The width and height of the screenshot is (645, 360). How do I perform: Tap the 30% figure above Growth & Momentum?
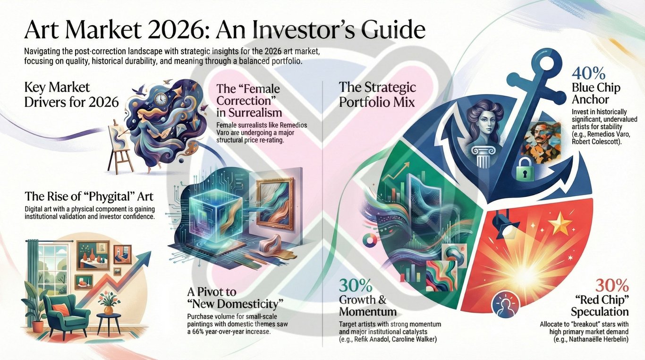[x=355, y=286]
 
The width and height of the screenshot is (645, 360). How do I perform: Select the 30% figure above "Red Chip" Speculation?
[x=612, y=285]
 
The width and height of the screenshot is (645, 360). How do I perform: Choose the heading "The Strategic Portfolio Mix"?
[x=377, y=94]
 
